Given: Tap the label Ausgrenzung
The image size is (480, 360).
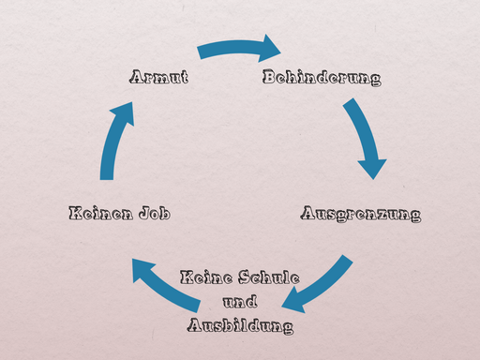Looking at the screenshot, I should pos(360,214).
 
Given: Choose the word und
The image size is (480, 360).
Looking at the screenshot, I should pos(240,302).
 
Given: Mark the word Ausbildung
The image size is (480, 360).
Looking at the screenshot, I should pos(240,326).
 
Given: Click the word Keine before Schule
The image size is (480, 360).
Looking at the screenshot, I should pos(202,278).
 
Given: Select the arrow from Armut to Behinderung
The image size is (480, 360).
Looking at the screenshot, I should pos(234,47).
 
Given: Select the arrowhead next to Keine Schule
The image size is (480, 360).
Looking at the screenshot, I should pos(294,302).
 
